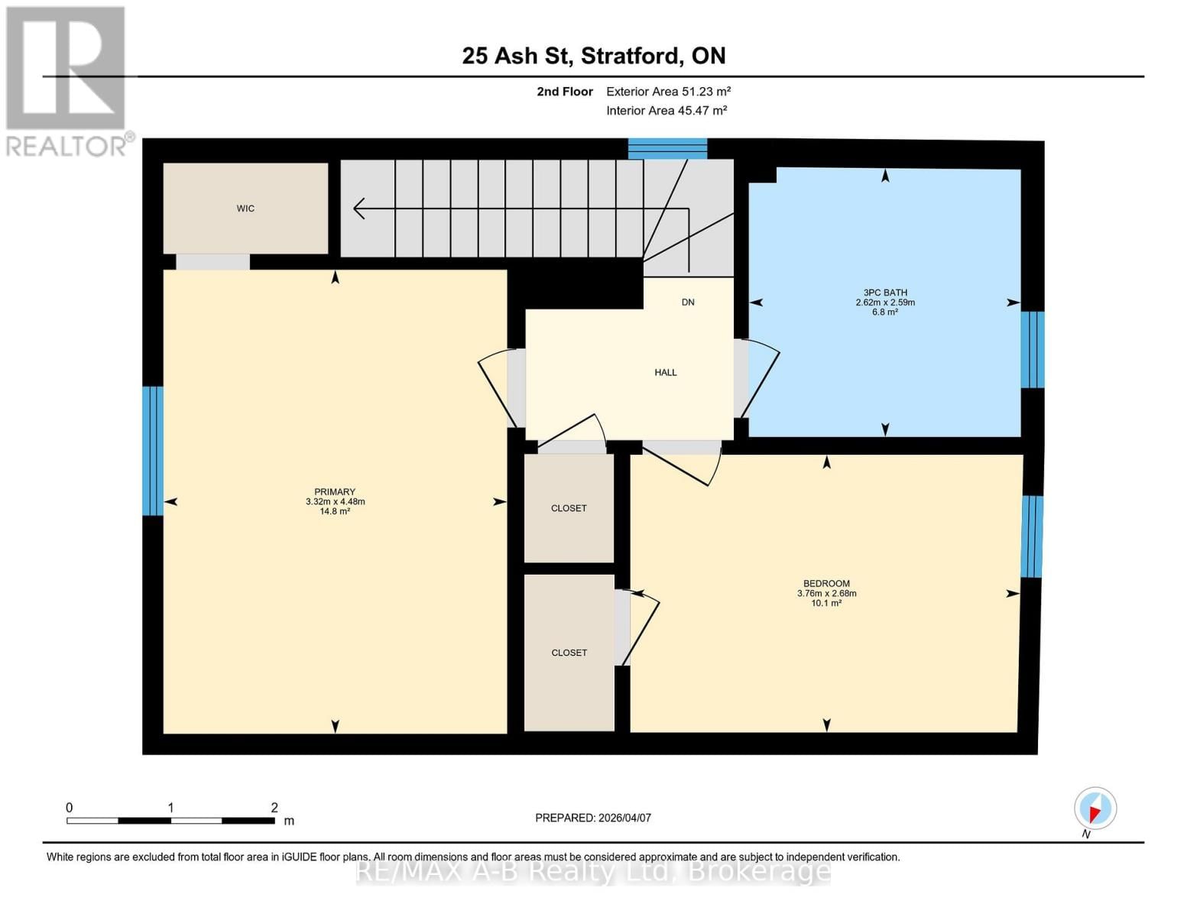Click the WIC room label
pyautogui.click(x=245, y=209)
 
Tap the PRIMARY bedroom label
pyautogui.click(x=335, y=492)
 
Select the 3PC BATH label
pyautogui.click(x=885, y=293)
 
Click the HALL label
pyautogui.click(x=666, y=373)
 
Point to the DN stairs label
pyautogui.click(x=688, y=303)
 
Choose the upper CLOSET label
pyautogui.click(x=569, y=508)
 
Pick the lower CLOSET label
pyautogui.click(x=569, y=653)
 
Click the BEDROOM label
pyautogui.click(x=826, y=584)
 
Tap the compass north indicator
pyautogui.click(x=1095, y=808)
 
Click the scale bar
pyautogui.click(x=170, y=821)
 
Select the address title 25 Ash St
pyautogui.click(x=594, y=56)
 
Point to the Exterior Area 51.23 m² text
pyautogui.click(x=668, y=92)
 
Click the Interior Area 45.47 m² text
pyautogui.click(x=666, y=111)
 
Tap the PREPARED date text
pyautogui.click(x=593, y=818)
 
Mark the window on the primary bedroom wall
pyautogui.click(x=153, y=451)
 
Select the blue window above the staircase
pyautogui.click(x=667, y=148)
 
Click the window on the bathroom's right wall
pyautogui.click(x=1032, y=350)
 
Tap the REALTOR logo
pyautogui.click(x=67, y=80)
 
